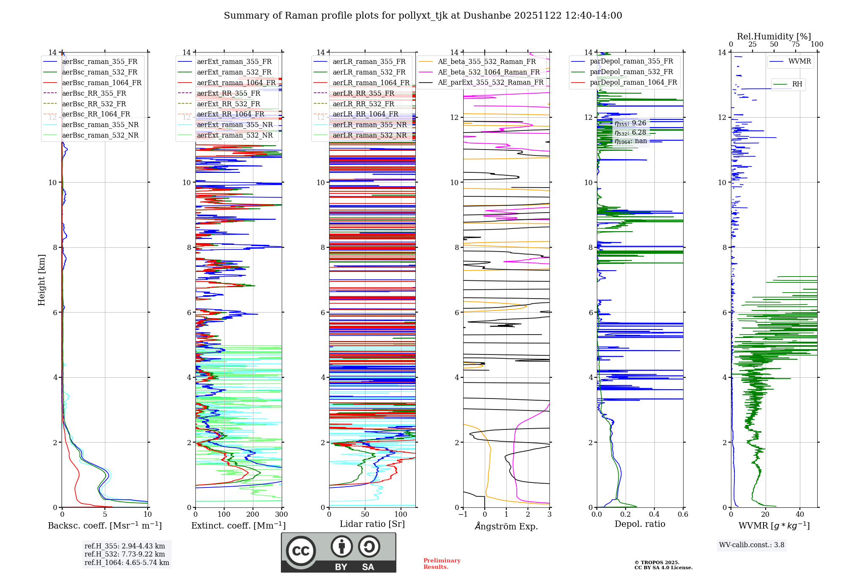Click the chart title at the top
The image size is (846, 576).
coord(423,16)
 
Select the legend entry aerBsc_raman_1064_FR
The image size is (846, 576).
coord(102,83)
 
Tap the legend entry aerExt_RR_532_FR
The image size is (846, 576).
coord(228,104)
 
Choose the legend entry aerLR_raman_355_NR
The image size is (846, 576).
coord(369,125)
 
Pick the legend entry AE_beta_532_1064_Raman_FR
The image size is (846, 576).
coord(489,72)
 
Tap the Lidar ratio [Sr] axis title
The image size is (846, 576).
coord(372,524)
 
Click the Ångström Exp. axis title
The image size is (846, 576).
coord(506,526)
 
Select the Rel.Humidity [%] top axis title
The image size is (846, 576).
coord(774,36)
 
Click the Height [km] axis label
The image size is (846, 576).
coord(41,280)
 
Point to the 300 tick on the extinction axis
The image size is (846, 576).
coord(281,515)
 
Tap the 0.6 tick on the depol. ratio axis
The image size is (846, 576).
coord(683,515)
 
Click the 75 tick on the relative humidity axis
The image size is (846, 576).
coord(795,44)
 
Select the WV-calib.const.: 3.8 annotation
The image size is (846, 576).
coord(751,545)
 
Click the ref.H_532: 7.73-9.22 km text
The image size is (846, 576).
coord(124,554)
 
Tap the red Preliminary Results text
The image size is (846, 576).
coord(442,563)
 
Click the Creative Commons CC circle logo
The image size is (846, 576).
coord(301,551)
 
